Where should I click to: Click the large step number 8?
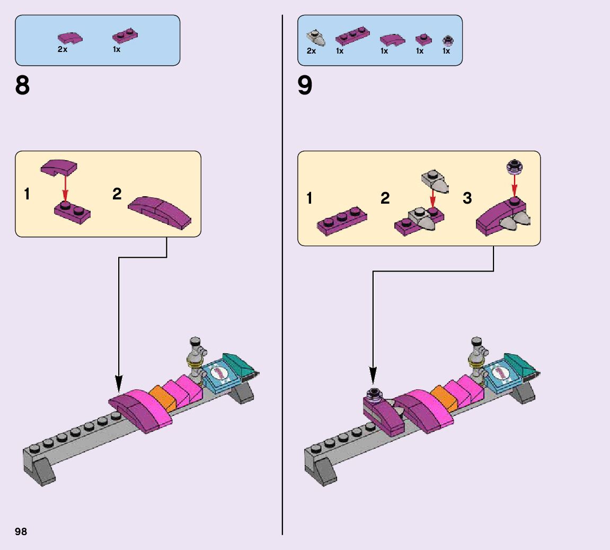[23, 86]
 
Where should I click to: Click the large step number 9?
[305, 86]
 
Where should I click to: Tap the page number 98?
[21, 531]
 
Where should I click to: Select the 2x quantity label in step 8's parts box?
[63, 49]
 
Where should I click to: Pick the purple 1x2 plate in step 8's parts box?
[125, 36]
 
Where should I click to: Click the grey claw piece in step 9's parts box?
[316, 38]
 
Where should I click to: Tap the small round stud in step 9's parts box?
[447, 40]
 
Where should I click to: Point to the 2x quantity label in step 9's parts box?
[311, 51]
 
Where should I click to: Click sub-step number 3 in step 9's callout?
[467, 198]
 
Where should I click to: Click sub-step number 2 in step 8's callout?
[117, 194]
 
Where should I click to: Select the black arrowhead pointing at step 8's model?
[118, 382]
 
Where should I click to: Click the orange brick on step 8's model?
[162, 398]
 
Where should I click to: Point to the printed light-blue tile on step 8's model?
[219, 374]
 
